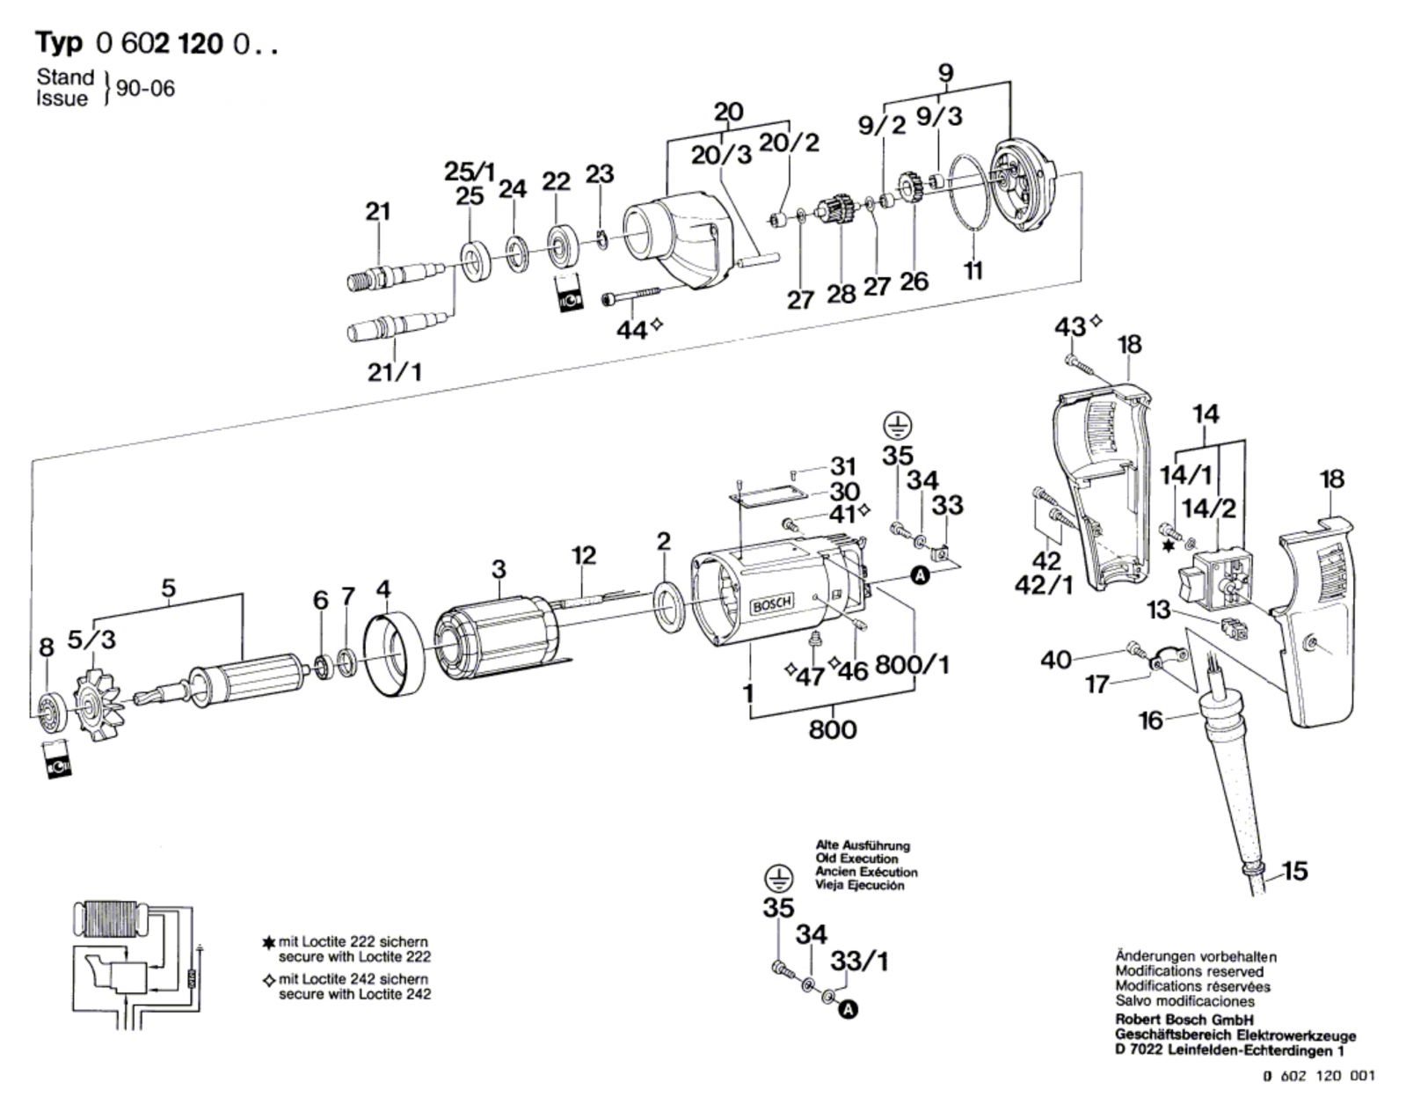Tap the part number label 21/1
point(394,372)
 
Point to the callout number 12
point(583,555)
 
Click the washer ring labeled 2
point(673,606)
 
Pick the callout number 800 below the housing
point(831,729)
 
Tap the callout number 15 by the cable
point(1294,871)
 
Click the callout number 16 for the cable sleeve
point(1150,720)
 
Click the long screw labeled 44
point(633,296)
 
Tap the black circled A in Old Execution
point(848,1010)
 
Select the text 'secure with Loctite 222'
point(354,956)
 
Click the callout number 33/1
point(860,962)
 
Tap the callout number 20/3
point(721,155)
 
